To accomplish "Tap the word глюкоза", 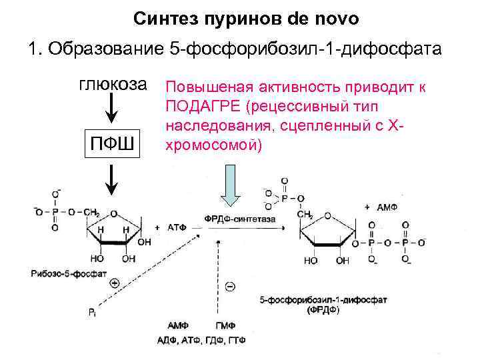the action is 113,85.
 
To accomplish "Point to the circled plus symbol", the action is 114,283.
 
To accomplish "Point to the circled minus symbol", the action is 230,287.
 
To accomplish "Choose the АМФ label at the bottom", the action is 177,326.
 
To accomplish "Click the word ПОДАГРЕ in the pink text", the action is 193,106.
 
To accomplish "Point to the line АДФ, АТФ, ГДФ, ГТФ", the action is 201,340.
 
